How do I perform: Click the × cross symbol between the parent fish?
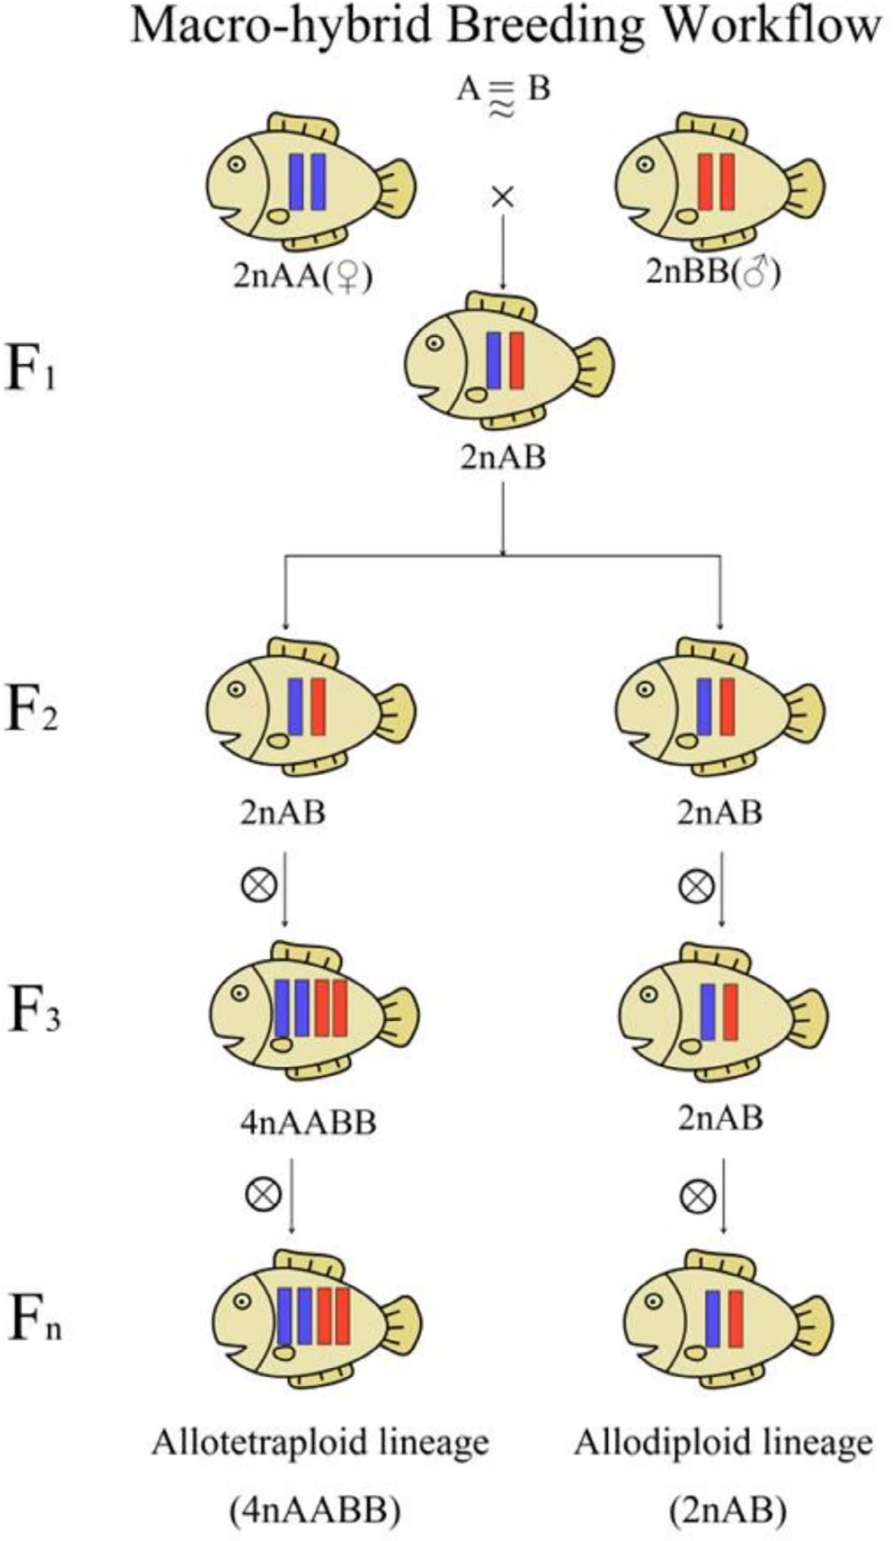pyautogui.click(x=503, y=197)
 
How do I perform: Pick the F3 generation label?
pyautogui.click(x=33, y=1012)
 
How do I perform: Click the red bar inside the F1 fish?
pyautogui.click(x=517, y=360)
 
